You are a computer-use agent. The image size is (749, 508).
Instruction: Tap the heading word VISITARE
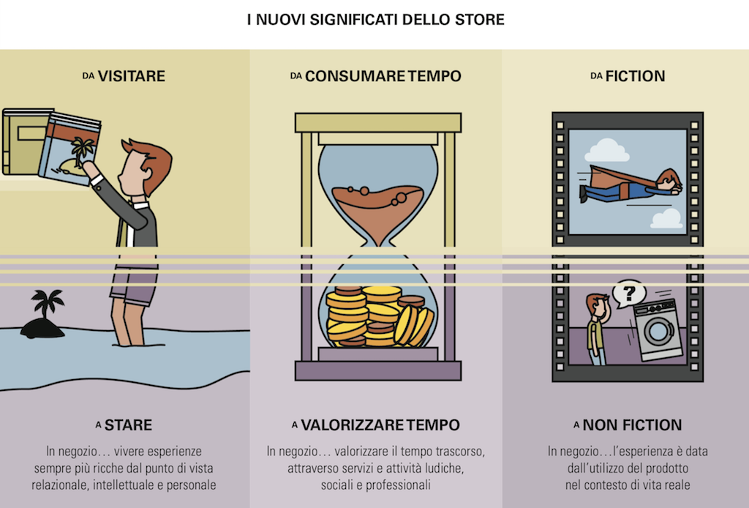(x=132, y=76)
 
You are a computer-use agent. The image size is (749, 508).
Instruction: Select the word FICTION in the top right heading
(x=636, y=76)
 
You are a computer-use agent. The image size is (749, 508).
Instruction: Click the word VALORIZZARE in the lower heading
(x=353, y=425)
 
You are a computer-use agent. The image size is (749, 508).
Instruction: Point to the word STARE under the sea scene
(x=129, y=425)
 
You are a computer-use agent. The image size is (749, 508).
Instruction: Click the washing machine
(x=658, y=330)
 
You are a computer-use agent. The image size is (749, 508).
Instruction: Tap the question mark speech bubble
(x=628, y=293)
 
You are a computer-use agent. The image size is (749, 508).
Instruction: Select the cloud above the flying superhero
(x=606, y=151)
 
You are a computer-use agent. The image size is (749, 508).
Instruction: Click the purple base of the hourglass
(x=378, y=370)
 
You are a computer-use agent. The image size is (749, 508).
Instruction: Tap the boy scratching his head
(x=597, y=329)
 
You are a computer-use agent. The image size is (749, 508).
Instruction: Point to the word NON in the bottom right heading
(x=598, y=425)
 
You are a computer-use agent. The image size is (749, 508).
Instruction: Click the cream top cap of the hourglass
(x=378, y=123)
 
